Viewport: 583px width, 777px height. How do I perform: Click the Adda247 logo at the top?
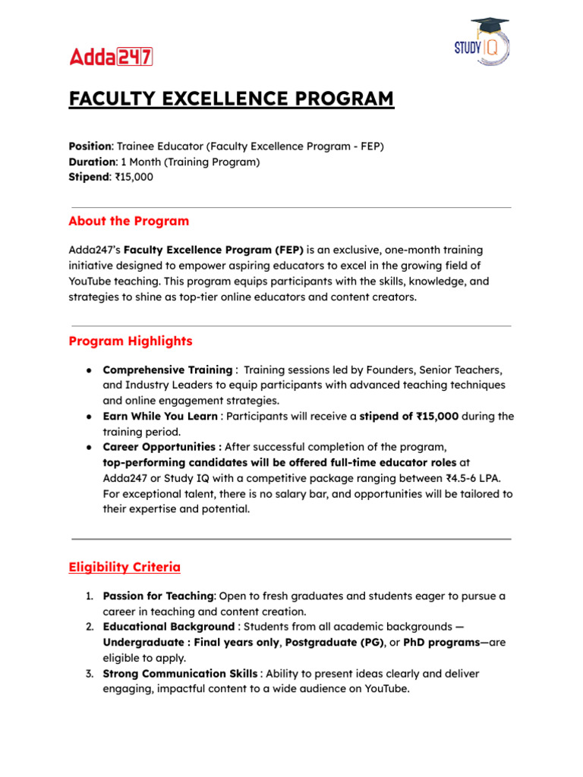click(x=111, y=56)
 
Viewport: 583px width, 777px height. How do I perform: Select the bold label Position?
click(x=90, y=146)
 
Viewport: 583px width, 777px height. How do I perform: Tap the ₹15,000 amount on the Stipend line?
click(x=137, y=178)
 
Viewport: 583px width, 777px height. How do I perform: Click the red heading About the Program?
click(x=128, y=222)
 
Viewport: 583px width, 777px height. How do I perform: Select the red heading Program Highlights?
click(x=130, y=341)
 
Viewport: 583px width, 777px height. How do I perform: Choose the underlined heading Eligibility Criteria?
click(x=124, y=567)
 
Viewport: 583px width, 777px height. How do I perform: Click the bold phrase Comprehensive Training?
click(x=167, y=370)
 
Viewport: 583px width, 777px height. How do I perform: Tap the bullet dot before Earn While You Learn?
click(x=90, y=417)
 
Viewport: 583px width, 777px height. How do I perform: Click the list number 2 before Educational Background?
click(x=89, y=627)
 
